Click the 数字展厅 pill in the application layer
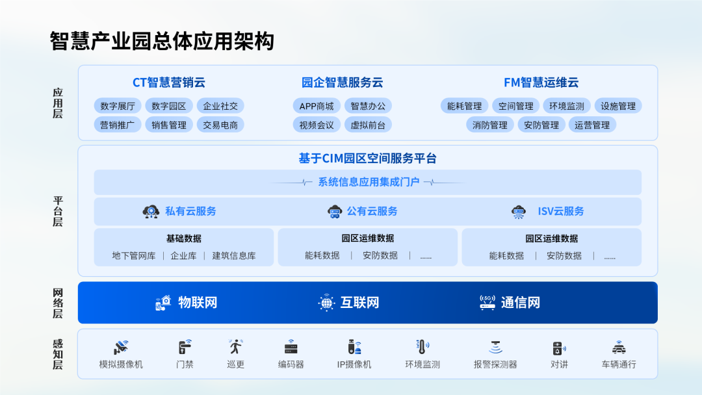click(x=118, y=106)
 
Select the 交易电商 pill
click(x=220, y=125)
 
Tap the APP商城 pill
click(x=317, y=106)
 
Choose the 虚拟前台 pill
click(x=367, y=125)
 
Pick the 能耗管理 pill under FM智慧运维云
click(x=464, y=106)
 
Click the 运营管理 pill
click(x=592, y=125)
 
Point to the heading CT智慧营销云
click(x=169, y=83)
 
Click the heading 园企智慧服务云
click(x=342, y=83)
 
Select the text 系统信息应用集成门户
click(x=369, y=182)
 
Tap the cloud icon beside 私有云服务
click(x=151, y=211)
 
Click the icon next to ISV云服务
click(x=519, y=212)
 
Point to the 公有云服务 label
click(x=372, y=211)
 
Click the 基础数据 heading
click(x=183, y=238)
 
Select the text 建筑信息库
click(x=234, y=256)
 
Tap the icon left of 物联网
click(x=163, y=303)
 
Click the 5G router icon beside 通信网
click(x=487, y=302)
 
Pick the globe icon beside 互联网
click(x=326, y=303)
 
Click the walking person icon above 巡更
click(x=235, y=347)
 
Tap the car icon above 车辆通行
click(x=619, y=347)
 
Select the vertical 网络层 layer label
click(x=58, y=303)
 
